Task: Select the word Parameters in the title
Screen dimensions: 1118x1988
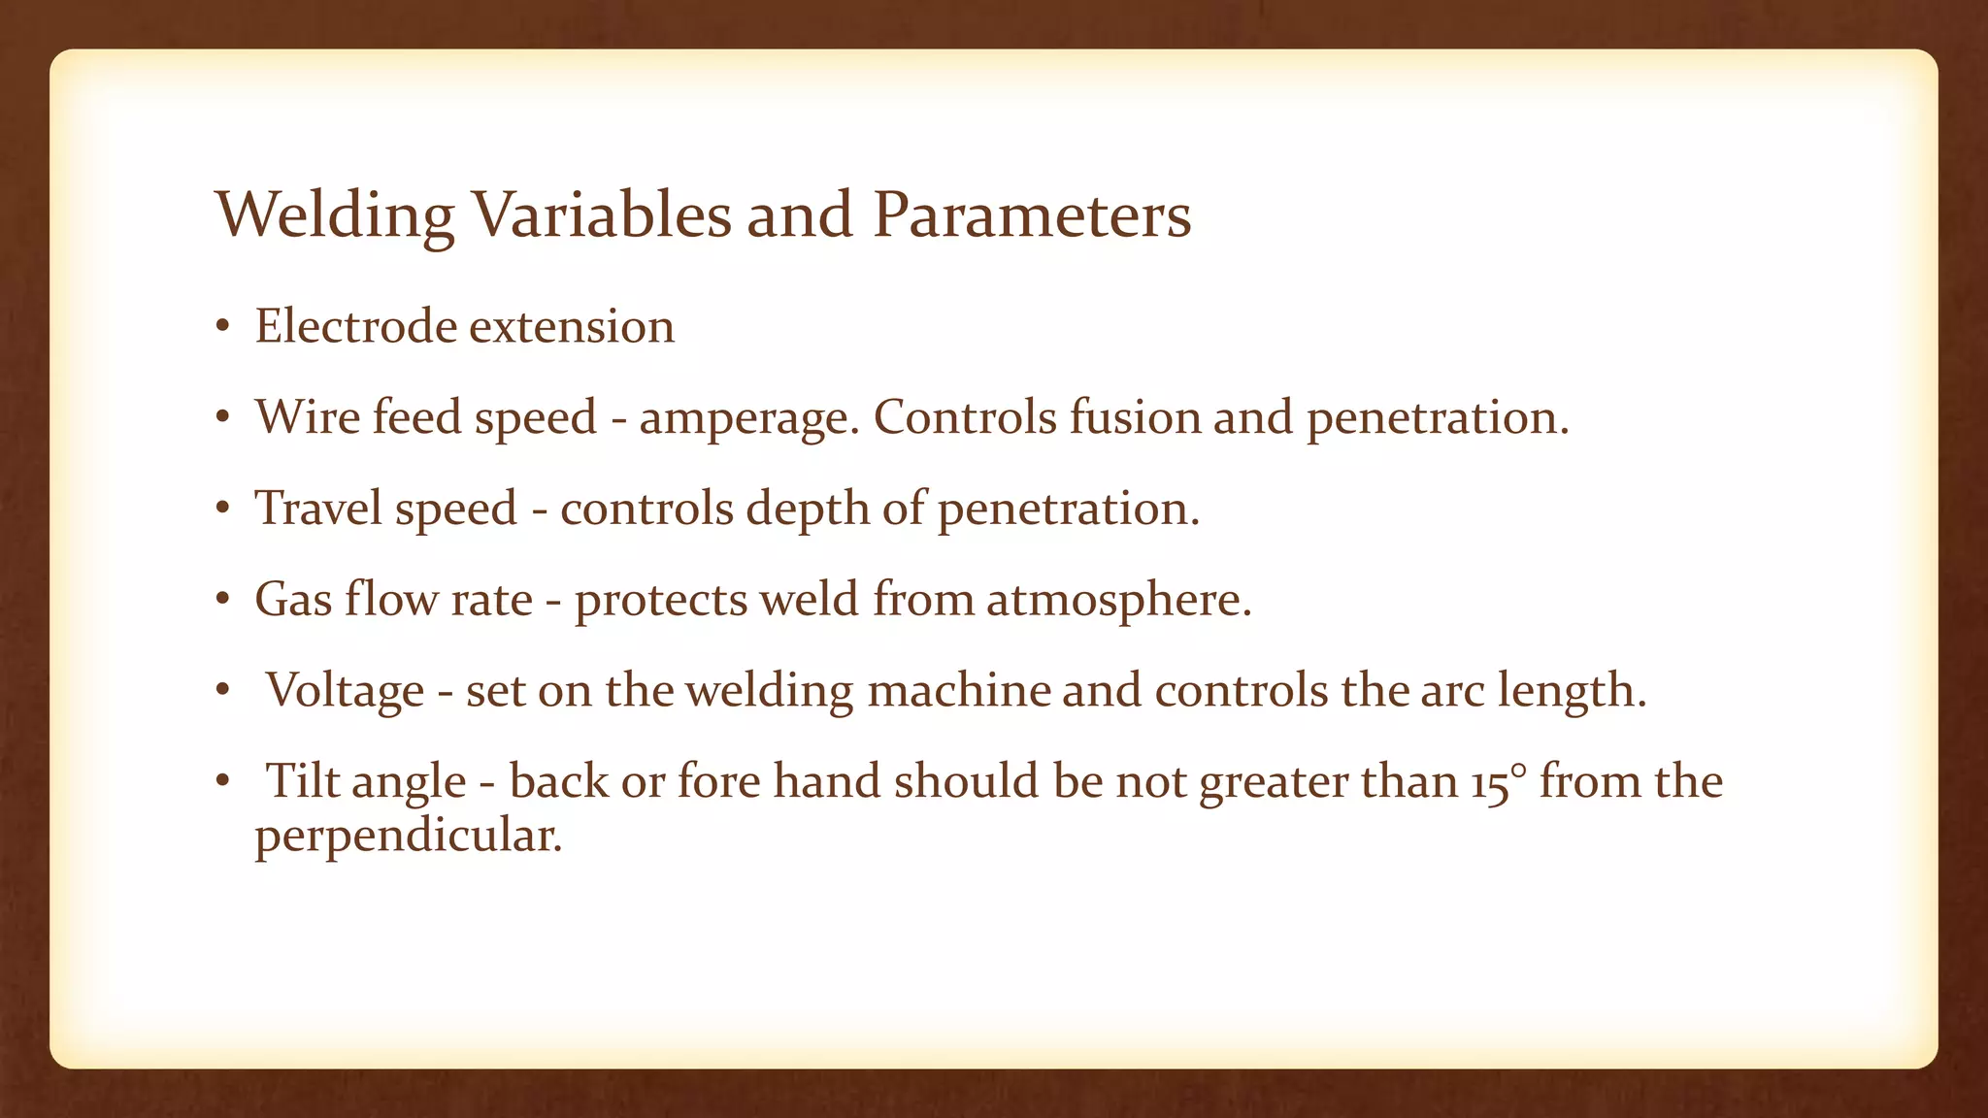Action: click(1031, 215)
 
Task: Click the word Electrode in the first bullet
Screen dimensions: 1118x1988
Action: click(356, 326)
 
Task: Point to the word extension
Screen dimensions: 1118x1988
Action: click(572, 327)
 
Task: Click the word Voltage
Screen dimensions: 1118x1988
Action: click(346, 691)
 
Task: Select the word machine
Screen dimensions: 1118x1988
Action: click(959, 691)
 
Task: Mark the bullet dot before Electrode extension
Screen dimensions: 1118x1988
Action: click(223, 327)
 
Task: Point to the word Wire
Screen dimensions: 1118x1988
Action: click(309, 417)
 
